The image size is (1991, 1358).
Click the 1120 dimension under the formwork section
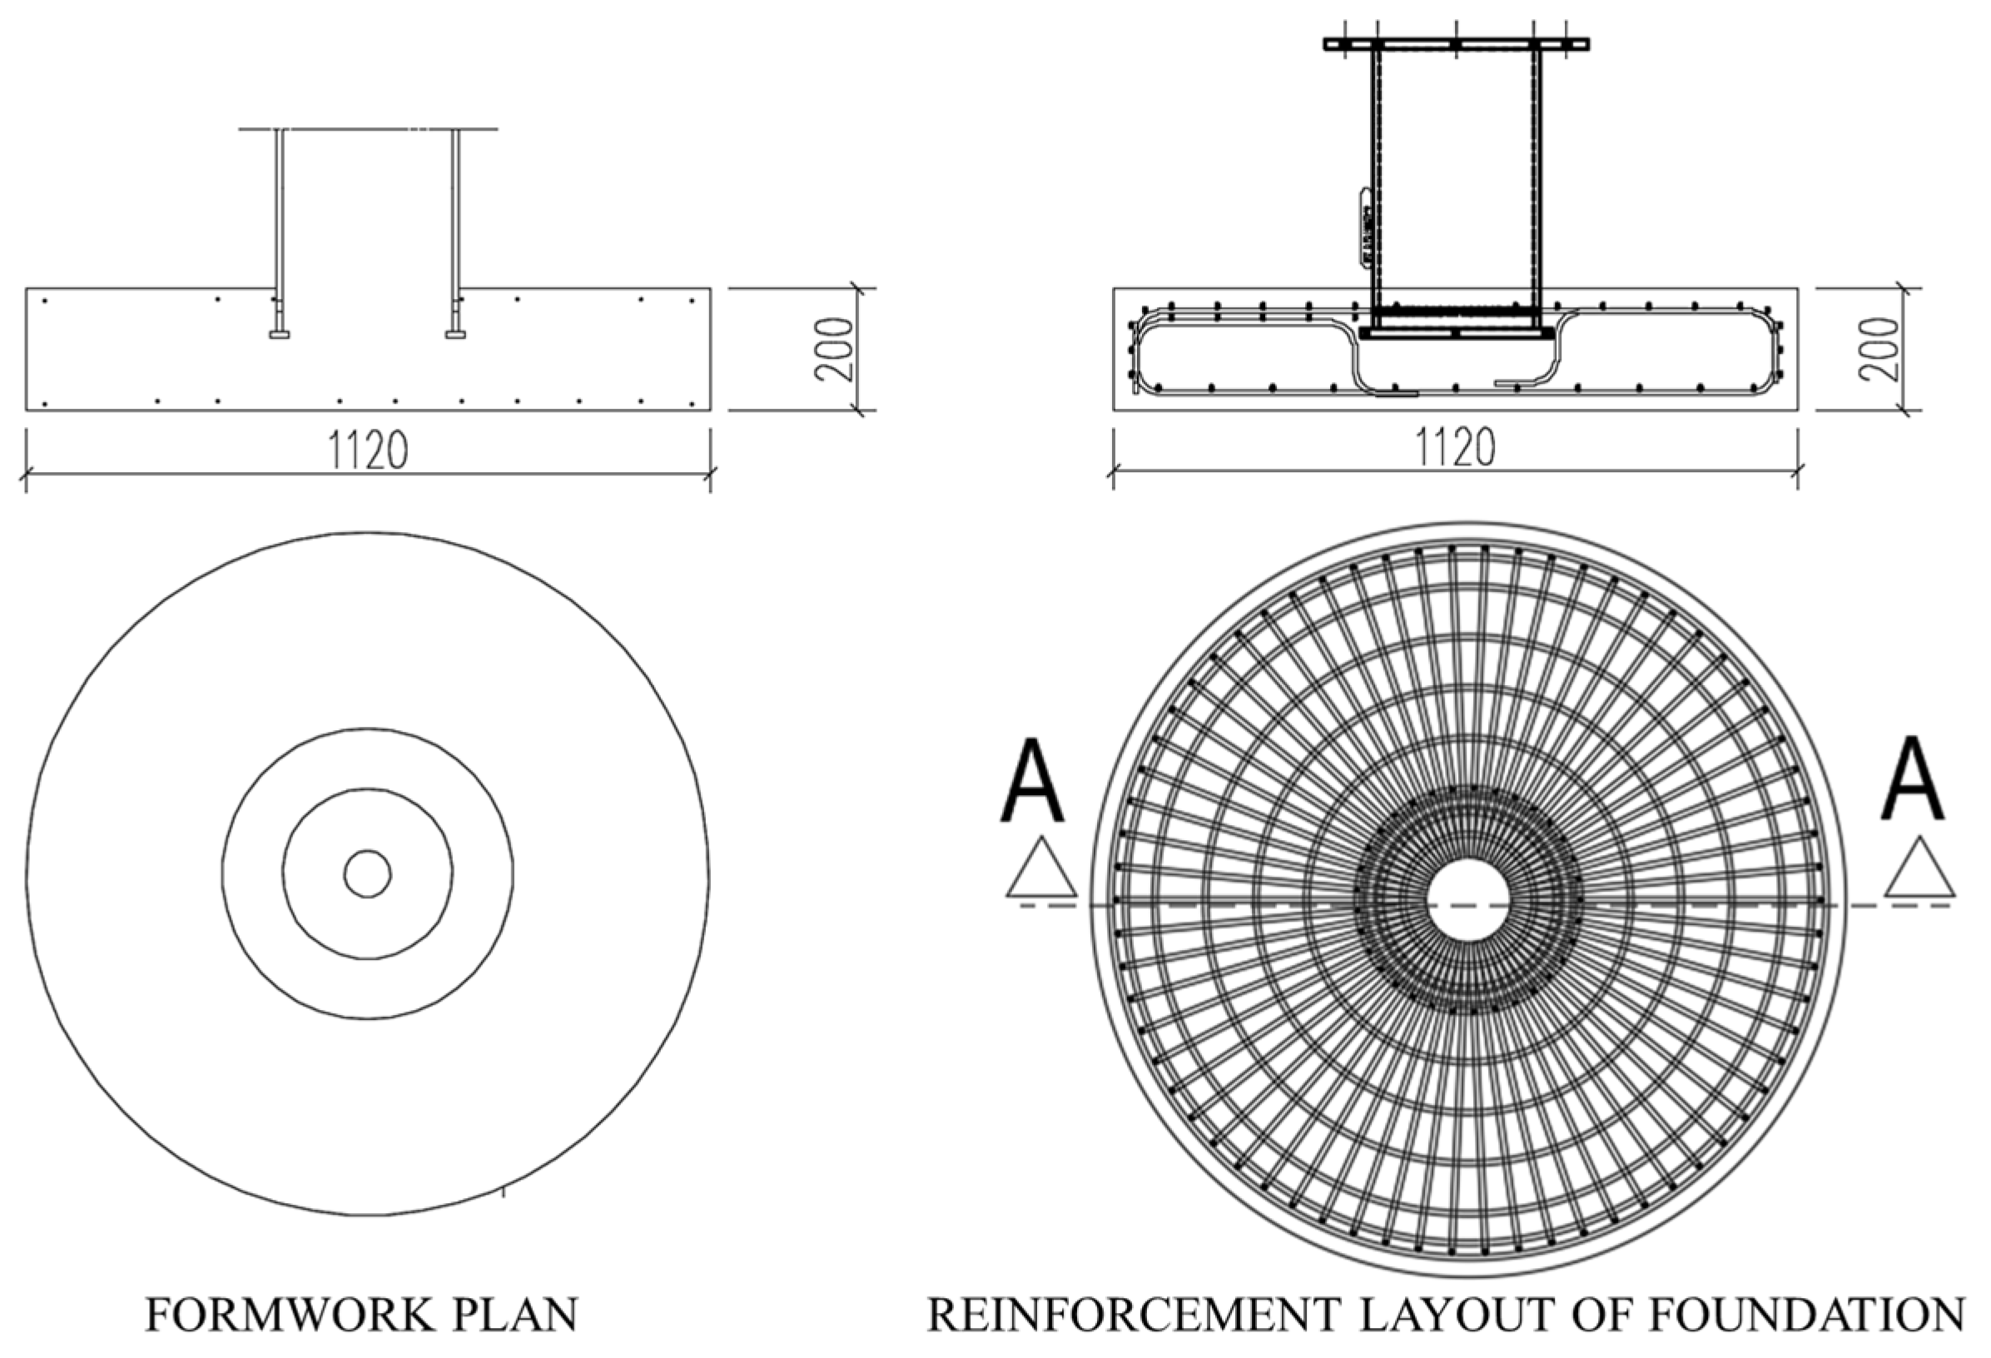pyautogui.click(x=368, y=450)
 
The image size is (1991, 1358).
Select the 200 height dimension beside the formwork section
pyautogui.click(x=832, y=349)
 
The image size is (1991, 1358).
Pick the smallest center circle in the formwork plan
pyautogui.click(x=368, y=873)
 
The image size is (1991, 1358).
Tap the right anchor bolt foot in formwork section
pyautogui.click(x=456, y=334)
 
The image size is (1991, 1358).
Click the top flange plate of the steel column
pyautogui.click(x=1456, y=43)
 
